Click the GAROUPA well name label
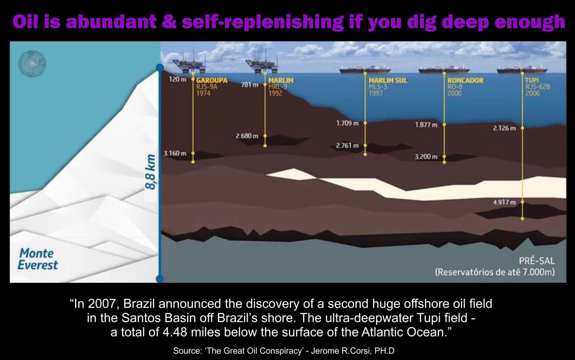pyautogui.click(x=212, y=80)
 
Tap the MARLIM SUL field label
pyautogui.click(x=388, y=80)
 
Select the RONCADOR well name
pyautogui.click(x=465, y=80)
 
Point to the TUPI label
pyautogui.click(x=532, y=80)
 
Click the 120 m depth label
pyautogui.click(x=178, y=79)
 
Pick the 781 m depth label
pyautogui.click(x=250, y=85)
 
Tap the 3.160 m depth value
pyautogui.click(x=175, y=153)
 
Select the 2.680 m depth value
pyautogui.click(x=247, y=136)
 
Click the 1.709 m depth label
pyautogui.click(x=348, y=123)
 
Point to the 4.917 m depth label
pyautogui.click(x=504, y=202)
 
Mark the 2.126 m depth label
pyautogui.click(x=504, y=128)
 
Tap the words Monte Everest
pyautogui.click(x=38, y=259)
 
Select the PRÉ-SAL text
pyautogui.click(x=537, y=261)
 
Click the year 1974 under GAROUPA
pyautogui.click(x=203, y=93)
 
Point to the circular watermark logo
pyautogui.click(x=32, y=64)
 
